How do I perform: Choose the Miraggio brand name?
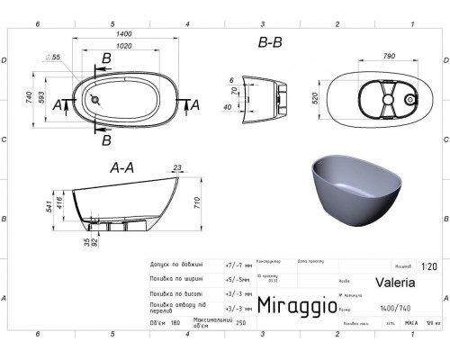coord(292,306)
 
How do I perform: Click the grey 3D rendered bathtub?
coord(352,193)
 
